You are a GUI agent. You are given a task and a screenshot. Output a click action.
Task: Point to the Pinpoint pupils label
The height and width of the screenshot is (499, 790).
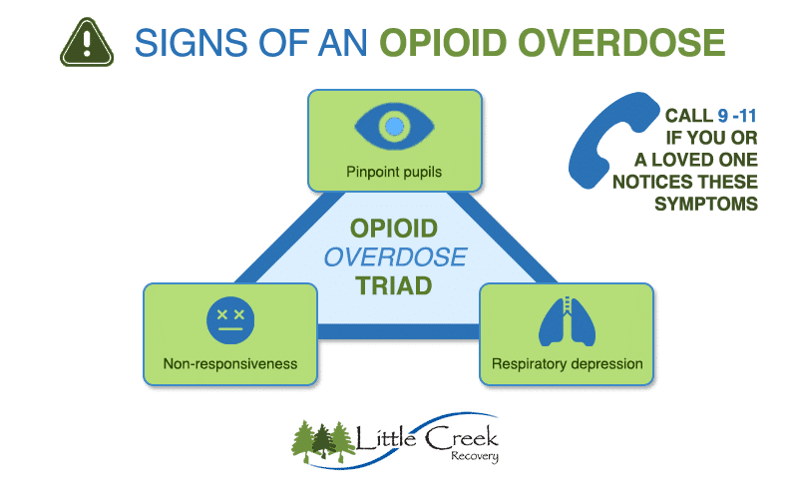pyautogui.click(x=394, y=172)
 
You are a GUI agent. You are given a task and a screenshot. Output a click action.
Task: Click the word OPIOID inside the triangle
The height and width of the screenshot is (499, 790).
pyautogui.click(x=395, y=229)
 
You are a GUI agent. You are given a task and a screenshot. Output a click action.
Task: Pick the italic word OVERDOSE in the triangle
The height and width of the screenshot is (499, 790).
pyautogui.click(x=395, y=256)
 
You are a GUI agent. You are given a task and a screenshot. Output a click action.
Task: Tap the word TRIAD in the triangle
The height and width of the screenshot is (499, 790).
pyautogui.click(x=395, y=285)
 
